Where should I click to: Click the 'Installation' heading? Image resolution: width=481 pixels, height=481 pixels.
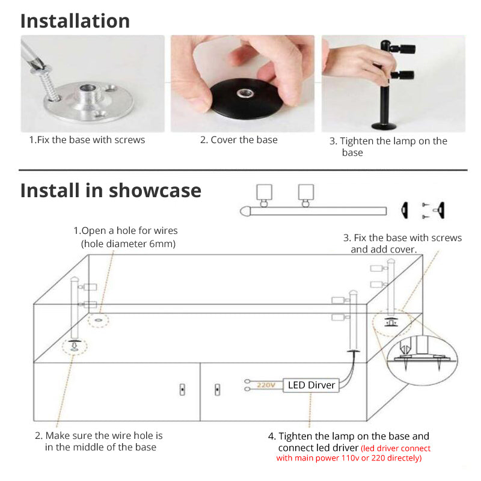[75, 21]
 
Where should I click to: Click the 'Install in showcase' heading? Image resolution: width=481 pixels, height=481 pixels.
[111, 191]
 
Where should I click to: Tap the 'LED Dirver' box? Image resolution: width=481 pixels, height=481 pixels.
[311, 385]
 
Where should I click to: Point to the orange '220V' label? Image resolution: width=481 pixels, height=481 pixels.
[265, 384]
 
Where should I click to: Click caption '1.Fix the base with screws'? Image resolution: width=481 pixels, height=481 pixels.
[87, 139]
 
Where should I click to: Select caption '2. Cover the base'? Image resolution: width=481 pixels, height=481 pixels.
[239, 139]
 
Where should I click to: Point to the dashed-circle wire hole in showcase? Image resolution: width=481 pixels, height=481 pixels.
[99, 320]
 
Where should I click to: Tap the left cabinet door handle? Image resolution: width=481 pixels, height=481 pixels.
[182, 390]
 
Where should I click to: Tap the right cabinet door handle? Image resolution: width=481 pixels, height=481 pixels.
[217, 390]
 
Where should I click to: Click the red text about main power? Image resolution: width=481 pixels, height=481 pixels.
[354, 453]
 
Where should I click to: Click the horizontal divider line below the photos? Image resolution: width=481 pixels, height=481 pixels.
[240, 170]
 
